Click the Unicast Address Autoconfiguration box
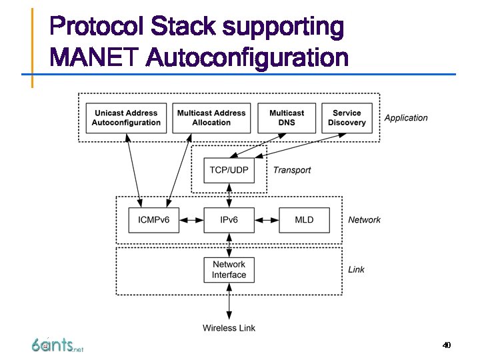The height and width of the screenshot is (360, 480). pyautogui.click(x=126, y=118)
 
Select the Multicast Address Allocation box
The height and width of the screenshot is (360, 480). pyautogui.click(x=211, y=118)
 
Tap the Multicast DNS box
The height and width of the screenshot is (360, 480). pyautogui.click(x=287, y=118)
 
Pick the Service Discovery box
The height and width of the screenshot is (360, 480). pyautogui.click(x=347, y=118)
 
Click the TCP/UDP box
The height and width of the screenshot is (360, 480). pyautogui.click(x=229, y=170)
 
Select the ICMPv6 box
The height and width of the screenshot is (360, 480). pyautogui.click(x=153, y=220)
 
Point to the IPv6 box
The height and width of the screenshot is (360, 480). pyautogui.click(x=229, y=220)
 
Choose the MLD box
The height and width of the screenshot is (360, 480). pyautogui.click(x=304, y=220)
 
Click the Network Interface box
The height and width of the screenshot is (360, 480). pyautogui.click(x=229, y=269)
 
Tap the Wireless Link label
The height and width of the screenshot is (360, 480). pyautogui.click(x=229, y=327)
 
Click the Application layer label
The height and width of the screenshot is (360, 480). pyautogui.click(x=406, y=118)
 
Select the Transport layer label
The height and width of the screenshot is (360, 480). pyautogui.click(x=292, y=170)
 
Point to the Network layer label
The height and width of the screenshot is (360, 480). pyautogui.click(x=365, y=220)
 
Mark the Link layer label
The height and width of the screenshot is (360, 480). pyautogui.click(x=357, y=269)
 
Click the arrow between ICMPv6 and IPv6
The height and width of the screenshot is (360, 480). pyautogui.click(x=191, y=220)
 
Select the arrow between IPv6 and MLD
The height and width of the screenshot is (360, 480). pyautogui.click(x=266, y=220)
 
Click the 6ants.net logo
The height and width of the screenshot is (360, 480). pyautogui.click(x=57, y=345)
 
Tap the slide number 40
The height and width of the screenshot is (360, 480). pyautogui.click(x=447, y=345)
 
